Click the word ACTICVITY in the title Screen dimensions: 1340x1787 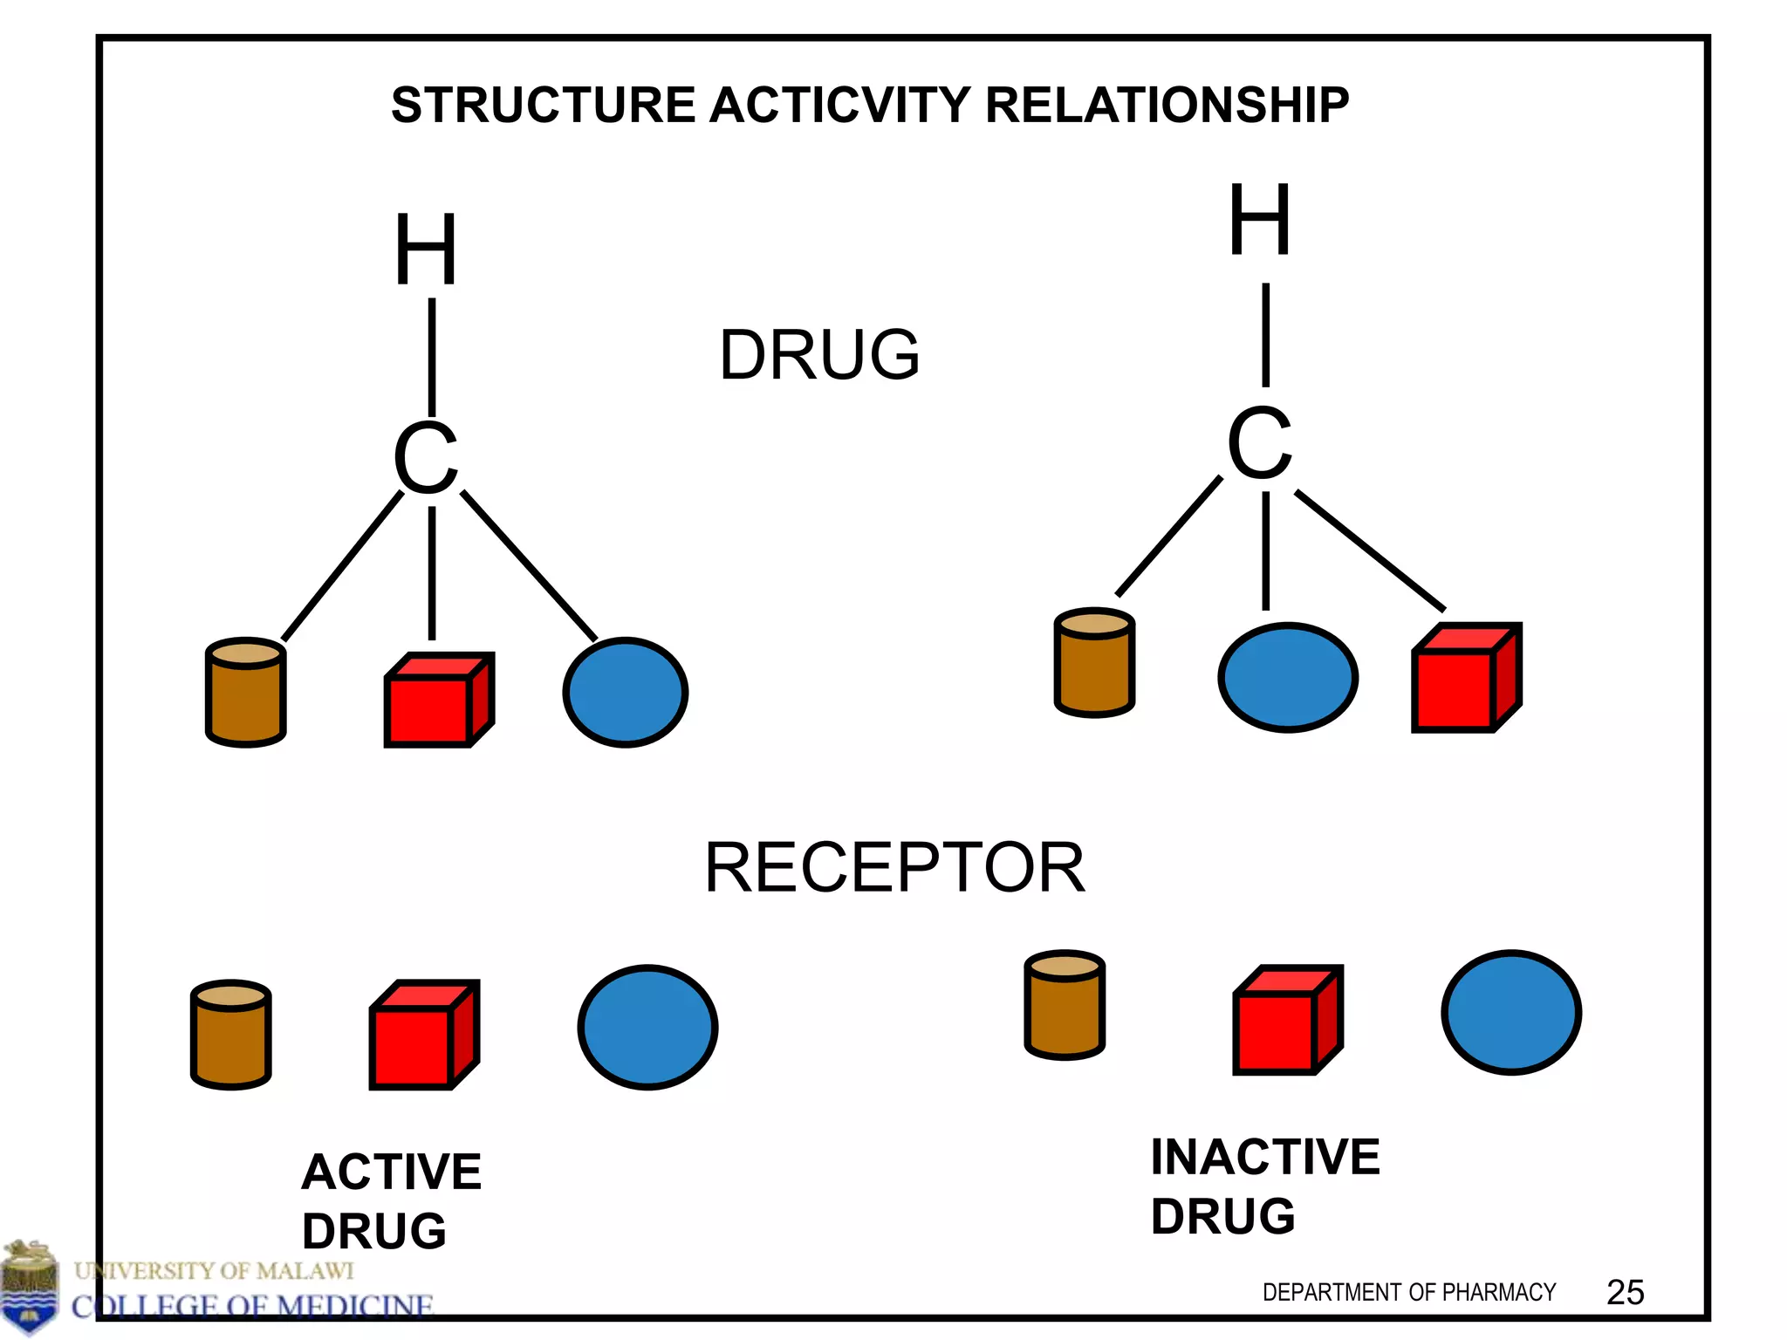839,106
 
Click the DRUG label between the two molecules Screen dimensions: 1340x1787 818,355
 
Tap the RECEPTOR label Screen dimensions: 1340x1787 894,868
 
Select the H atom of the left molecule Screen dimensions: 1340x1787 426,250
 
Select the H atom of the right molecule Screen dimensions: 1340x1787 1259,220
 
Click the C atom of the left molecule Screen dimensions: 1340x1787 426,457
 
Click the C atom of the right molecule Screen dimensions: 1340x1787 1259,443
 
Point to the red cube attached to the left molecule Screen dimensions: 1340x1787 438,701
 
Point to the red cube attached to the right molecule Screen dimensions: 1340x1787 1465,679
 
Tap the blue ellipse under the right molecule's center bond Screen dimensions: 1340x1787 1287,678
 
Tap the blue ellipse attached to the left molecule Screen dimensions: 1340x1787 625,693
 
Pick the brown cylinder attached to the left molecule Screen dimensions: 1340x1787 246,693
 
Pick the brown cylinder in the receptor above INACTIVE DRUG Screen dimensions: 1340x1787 1065,1005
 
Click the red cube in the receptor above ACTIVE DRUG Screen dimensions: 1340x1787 423,1036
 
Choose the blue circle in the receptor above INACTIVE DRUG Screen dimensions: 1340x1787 1510,1013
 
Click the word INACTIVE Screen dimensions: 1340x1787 1264,1158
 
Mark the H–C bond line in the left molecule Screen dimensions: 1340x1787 432,358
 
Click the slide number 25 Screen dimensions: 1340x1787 1625,1293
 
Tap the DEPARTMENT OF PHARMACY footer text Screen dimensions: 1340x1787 1408,1293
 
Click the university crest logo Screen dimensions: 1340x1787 31,1287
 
